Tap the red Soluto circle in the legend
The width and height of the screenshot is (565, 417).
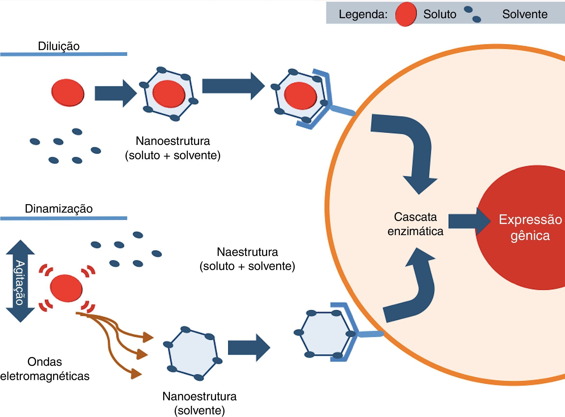406,14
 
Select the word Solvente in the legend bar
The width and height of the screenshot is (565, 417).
525,14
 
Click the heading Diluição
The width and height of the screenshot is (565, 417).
59,46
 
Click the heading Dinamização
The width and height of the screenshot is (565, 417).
59,209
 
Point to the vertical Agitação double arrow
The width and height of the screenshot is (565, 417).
20,281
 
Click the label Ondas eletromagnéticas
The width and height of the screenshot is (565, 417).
45,369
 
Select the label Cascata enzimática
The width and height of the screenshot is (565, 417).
415,224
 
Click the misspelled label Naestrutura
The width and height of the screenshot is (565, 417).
247,252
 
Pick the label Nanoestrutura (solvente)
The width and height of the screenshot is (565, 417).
199,403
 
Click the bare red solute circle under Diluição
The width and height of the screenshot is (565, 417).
68,93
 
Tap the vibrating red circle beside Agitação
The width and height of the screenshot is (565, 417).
66,288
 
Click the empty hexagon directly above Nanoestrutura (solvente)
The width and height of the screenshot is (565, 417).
193,354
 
